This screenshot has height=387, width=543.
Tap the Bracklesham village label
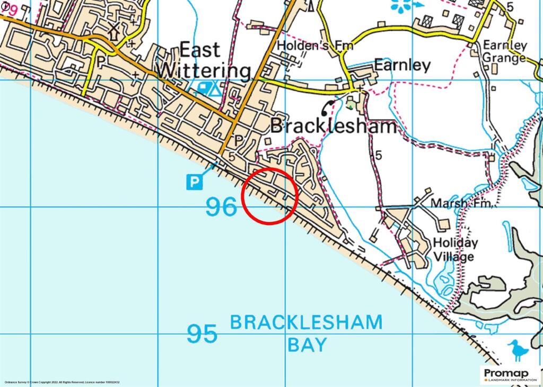[x=334, y=127]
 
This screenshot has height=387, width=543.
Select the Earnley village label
[x=402, y=65]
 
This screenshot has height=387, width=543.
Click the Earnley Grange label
[x=504, y=51]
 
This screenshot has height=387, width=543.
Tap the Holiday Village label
[x=456, y=250]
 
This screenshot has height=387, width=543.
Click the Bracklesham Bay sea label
[x=306, y=333]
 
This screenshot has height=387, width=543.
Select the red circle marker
[x=269, y=196]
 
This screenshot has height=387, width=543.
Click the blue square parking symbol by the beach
[x=194, y=182]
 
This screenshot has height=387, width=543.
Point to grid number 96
[x=221, y=207]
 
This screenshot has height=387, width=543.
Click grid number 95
[x=202, y=334]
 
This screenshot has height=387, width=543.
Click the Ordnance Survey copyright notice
[x=62, y=382]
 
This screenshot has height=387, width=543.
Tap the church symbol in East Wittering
[x=113, y=32]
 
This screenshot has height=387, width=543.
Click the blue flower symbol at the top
[x=401, y=5]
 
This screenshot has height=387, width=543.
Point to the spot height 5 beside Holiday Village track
[x=378, y=156]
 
